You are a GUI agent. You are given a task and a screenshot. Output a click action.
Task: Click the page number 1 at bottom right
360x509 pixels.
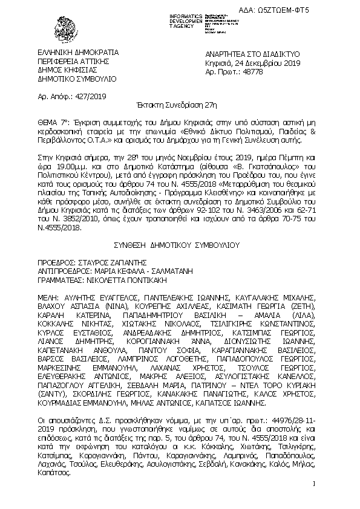(x=315, y=483)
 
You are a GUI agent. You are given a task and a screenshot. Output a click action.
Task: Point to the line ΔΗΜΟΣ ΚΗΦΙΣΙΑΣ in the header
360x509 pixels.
(x=69, y=70)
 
